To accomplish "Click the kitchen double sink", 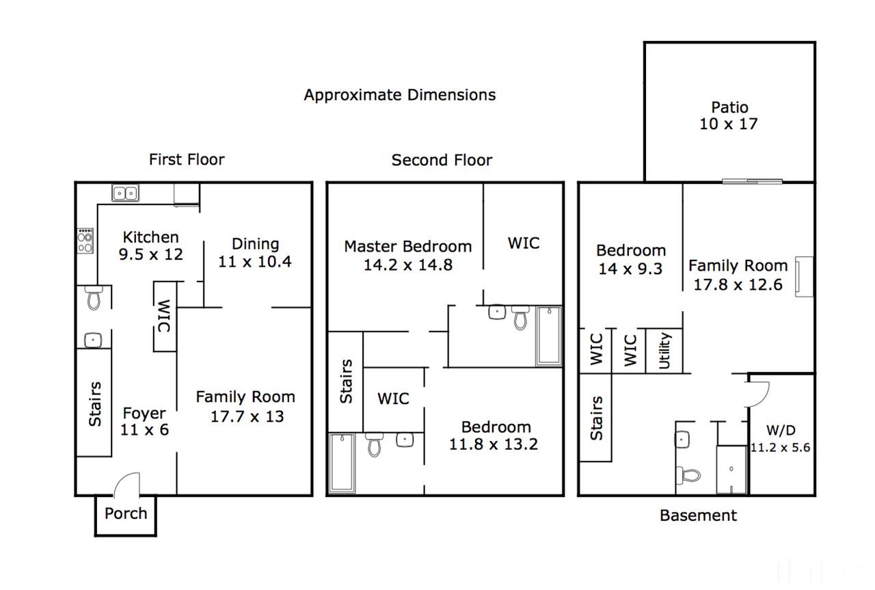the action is tap(125, 193).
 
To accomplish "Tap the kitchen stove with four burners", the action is tap(85, 241).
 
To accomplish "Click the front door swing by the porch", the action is tap(127, 485).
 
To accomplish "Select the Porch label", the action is tap(126, 513).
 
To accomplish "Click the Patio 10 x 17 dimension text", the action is tap(728, 124).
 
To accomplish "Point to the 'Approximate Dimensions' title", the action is tap(400, 95).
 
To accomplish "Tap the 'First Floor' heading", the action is tap(187, 159).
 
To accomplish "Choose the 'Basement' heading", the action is tap(698, 515).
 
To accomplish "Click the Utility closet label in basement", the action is tap(664, 351).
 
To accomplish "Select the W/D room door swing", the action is tap(759, 394).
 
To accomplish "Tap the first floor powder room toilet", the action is tap(94, 298).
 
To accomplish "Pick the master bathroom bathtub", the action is tap(549, 336).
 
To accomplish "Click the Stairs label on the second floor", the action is tap(346, 381).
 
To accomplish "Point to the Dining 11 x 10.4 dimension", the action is tap(255, 261).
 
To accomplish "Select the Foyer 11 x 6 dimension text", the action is tap(144, 430).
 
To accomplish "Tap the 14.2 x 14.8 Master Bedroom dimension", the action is tap(408, 265).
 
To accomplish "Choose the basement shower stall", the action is tap(731, 470).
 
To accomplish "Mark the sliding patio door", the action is tap(752, 181).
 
